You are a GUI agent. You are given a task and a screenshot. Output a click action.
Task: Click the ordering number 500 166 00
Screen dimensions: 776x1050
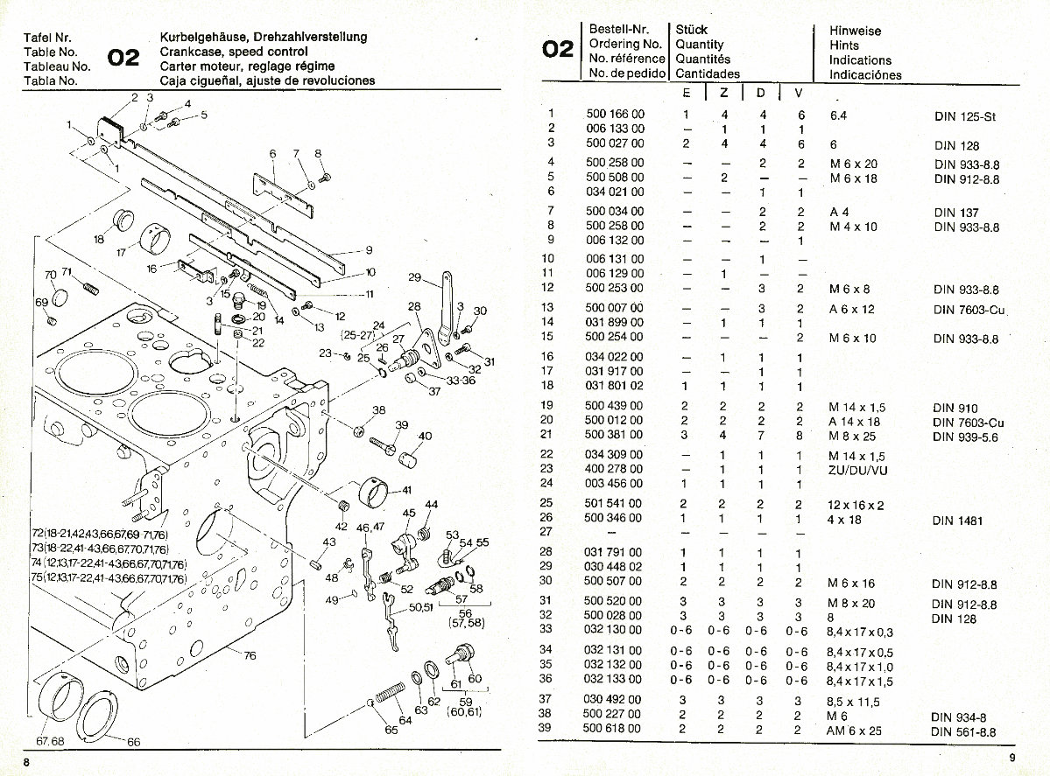(x=614, y=115)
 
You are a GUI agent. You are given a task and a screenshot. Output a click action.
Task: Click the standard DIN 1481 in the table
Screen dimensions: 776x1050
(x=959, y=521)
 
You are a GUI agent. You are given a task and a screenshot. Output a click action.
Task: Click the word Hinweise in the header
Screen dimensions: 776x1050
(x=856, y=31)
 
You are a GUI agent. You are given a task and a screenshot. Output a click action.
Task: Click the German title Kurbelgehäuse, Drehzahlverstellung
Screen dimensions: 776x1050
(x=264, y=37)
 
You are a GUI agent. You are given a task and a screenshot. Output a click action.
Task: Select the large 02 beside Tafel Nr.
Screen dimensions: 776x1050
(x=123, y=58)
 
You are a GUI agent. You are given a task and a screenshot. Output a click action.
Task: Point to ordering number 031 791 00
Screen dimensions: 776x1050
(x=614, y=553)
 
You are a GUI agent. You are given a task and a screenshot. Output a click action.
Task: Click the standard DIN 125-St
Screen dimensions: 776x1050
(x=966, y=115)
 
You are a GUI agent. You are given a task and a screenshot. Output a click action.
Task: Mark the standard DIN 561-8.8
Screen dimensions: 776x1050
(x=964, y=731)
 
